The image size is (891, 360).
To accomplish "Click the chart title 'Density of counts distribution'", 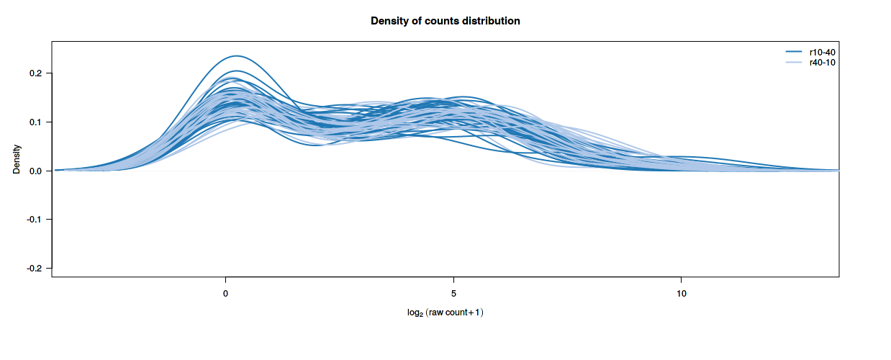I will [445, 21].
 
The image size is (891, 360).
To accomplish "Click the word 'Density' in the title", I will [389, 21].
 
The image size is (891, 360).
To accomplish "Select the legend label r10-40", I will [822, 53].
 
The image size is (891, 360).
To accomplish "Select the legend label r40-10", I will [822, 63].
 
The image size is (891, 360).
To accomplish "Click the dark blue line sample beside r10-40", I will [794, 53].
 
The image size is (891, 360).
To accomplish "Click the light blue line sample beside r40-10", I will [794, 63].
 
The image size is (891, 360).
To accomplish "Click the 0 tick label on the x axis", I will [226, 294].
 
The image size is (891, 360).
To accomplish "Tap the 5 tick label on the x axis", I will [453, 294].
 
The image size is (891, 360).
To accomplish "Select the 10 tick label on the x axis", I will [681, 294].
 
